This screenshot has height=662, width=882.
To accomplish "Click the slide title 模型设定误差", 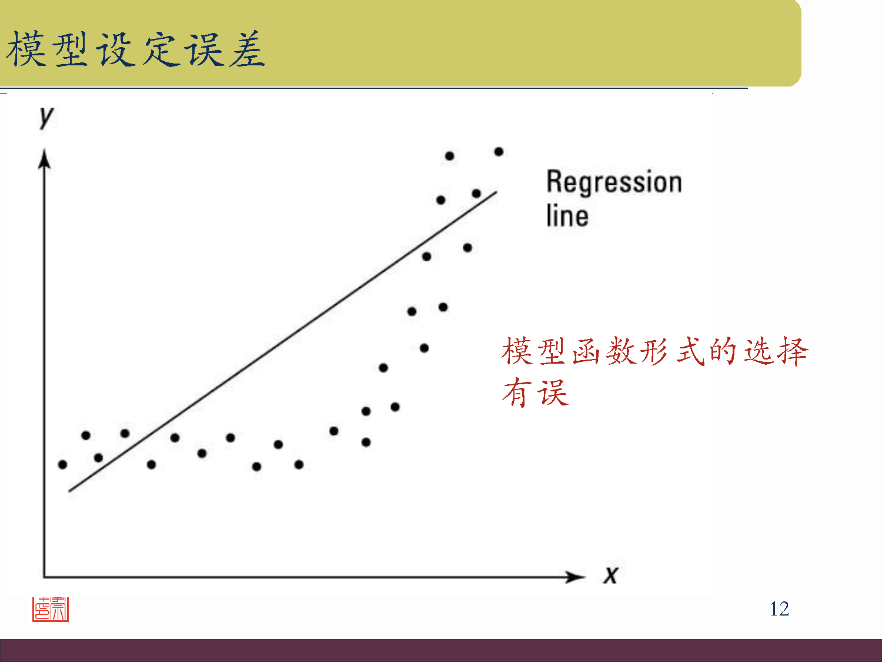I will point(136,49).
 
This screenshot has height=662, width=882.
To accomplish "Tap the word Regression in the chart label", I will point(614,182).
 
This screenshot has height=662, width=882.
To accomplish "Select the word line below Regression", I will point(567,215).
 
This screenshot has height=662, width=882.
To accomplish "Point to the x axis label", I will point(611,575).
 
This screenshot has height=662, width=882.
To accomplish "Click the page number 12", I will point(779,608).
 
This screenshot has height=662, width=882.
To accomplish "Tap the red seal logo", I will point(51,610).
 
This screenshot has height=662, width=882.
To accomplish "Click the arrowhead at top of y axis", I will point(44,159).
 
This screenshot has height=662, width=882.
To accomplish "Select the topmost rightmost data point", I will point(499,152).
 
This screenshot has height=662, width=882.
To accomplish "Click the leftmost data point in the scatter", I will point(63,464).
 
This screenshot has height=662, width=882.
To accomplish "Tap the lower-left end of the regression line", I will point(70,490).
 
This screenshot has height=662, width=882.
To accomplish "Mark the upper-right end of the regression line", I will point(496,192).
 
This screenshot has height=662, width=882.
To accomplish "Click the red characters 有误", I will point(535,392).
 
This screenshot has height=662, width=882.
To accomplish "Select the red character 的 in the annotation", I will point(723,351).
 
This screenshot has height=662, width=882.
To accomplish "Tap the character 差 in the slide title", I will point(248,49).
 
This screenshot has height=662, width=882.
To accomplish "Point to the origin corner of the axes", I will point(44,577).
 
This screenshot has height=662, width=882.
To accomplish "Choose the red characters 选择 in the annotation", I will point(776,351).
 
